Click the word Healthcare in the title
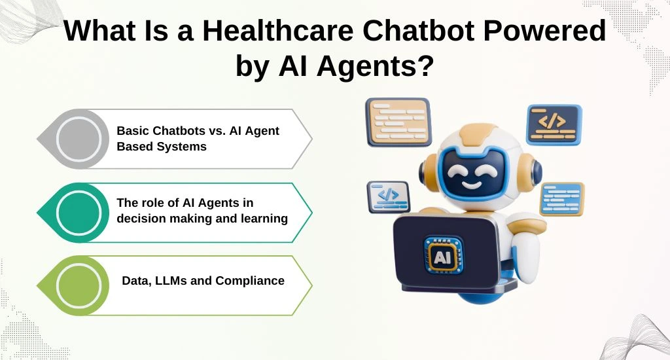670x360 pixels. click(x=277, y=30)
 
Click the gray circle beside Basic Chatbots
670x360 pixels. click(x=79, y=139)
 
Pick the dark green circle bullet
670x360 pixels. click(x=79, y=213)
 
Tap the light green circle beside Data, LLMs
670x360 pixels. click(x=79, y=285)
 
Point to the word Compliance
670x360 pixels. click(x=250, y=281)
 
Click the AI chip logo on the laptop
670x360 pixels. click(x=442, y=256)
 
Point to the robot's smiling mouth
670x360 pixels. click(x=472, y=185)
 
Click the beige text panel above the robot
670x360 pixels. click(x=398, y=122)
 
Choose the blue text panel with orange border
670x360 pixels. click(x=562, y=199)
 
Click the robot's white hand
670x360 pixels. click(x=527, y=256)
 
